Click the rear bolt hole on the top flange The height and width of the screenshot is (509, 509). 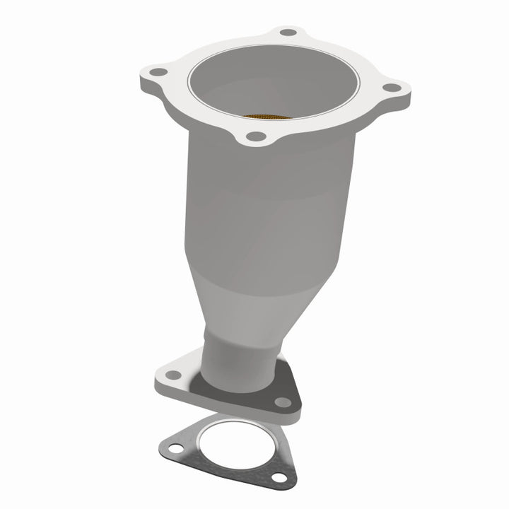tap(287, 33)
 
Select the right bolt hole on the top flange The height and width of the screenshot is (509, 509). tap(387, 88)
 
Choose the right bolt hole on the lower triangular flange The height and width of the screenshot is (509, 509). tap(283, 402)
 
